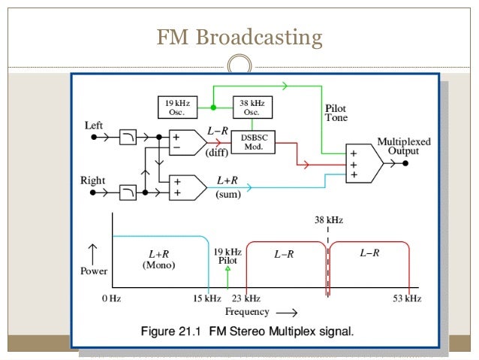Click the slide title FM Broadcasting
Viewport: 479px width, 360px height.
point(239,37)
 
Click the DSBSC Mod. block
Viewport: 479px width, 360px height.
point(252,143)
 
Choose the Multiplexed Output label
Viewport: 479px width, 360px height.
point(398,146)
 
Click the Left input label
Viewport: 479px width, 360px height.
point(92,126)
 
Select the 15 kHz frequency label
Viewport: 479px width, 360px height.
point(207,298)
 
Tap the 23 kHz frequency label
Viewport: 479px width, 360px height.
point(246,298)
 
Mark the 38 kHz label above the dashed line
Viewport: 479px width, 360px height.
point(328,219)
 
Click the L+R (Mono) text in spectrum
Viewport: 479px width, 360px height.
point(158,259)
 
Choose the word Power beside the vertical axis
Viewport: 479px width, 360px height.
point(94,271)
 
